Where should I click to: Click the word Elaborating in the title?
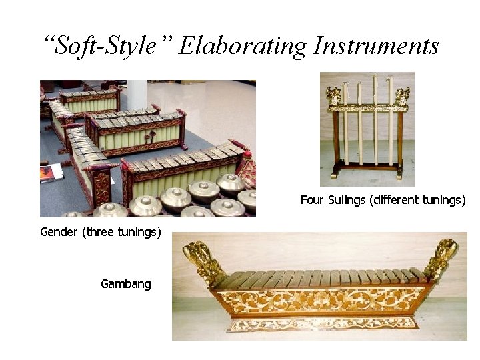pos(243,46)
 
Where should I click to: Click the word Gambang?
pos(126,284)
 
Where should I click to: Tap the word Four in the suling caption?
pos(311,200)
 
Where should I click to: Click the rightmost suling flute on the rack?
pos(390,123)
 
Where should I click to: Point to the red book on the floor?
pos(50,173)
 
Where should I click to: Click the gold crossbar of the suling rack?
pos(366,107)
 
